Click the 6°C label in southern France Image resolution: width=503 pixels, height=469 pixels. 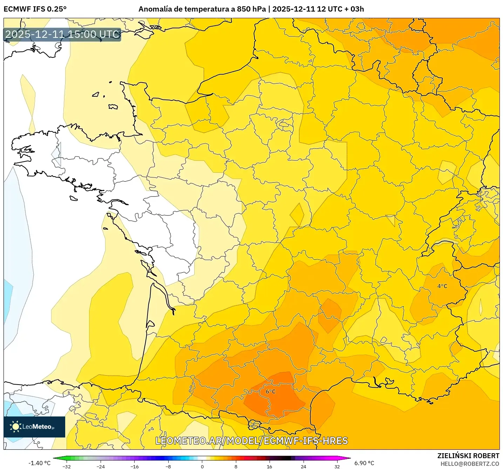(270, 392)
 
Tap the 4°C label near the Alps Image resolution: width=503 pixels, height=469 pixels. (442, 286)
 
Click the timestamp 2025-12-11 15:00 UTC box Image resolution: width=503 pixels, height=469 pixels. (62, 34)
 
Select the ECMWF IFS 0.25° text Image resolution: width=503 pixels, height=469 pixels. (35, 9)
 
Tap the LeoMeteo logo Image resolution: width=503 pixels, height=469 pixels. (34, 427)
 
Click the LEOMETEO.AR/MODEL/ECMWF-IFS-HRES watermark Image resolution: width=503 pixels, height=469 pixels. (251, 441)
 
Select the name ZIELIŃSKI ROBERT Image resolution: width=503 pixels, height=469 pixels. (468, 456)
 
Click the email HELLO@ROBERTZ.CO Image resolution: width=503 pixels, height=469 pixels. (470, 464)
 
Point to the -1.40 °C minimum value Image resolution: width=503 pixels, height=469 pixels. (39, 463)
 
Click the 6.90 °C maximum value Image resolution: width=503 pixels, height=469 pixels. (364, 463)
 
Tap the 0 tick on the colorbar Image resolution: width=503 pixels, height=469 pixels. (202, 466)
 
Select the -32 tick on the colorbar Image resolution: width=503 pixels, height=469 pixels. (66, 466)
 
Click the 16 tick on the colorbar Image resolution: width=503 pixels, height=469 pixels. (269, 466)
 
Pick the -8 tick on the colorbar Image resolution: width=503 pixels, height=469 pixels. (168, 466)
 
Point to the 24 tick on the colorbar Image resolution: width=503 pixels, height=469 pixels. (303, 466)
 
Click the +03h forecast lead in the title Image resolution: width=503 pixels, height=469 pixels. (354, 9)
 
